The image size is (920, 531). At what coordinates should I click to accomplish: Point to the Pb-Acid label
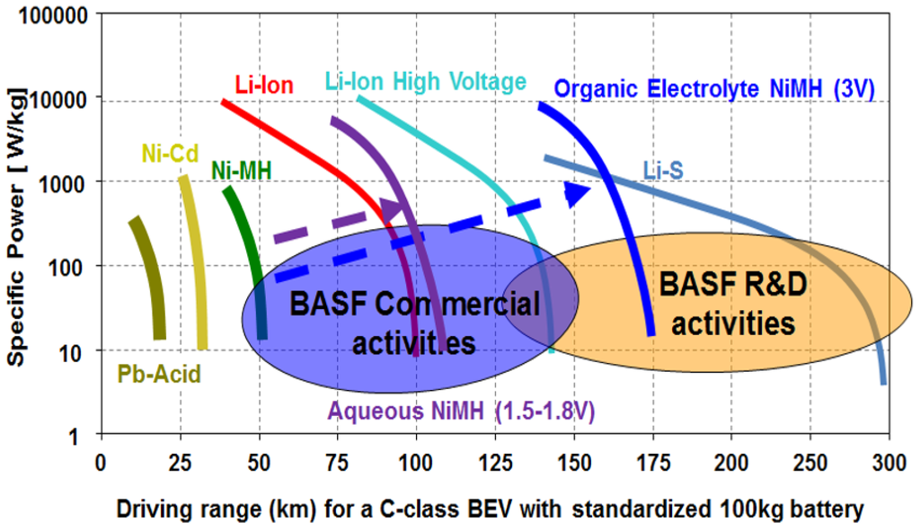(159, 374)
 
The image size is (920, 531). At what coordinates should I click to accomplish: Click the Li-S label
(665, 170)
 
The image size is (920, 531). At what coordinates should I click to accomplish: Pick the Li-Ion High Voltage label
(424, 82)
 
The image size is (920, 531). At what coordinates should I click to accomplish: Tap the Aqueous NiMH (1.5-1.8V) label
(462, 412)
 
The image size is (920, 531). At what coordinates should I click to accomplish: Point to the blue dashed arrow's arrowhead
(578, 191)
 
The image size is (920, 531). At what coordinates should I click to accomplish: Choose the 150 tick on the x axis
(573, 462)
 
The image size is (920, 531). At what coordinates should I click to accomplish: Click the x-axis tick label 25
(179, 462)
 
